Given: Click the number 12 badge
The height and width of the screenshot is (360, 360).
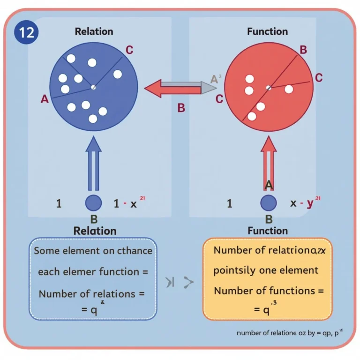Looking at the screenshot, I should (x=26, y=33).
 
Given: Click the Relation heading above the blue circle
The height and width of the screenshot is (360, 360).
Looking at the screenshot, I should (x=94, y=32).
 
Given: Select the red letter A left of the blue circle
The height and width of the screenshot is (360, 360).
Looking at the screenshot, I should (x=45, y=98).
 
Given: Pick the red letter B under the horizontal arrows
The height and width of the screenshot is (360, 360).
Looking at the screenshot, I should (x=181, y=108).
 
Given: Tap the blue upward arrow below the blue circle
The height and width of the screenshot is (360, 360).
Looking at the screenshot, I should (x=94, y=162).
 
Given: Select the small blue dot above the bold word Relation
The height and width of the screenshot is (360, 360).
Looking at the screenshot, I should (x=94, y=203).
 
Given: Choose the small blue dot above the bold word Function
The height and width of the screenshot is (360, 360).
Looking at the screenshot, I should (x=268, y=203).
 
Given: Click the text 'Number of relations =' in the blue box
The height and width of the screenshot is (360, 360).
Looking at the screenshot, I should (x=92, y=294).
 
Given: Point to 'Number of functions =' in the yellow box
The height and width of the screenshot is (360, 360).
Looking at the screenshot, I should (x=269, y=291).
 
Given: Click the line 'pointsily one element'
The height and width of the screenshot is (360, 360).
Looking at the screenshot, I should (x=266, y=270).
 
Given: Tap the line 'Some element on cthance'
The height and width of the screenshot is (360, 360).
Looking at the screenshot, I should (x=93, y=251).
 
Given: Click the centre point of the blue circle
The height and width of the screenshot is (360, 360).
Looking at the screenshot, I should (x=93, y=87).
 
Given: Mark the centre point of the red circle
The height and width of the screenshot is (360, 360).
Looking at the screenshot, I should (x=268, y=88).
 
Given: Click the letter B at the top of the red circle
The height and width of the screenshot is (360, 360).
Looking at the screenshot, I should (x=303, y=50).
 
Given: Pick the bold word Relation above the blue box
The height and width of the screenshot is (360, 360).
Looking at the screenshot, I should (x=95, y=231).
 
